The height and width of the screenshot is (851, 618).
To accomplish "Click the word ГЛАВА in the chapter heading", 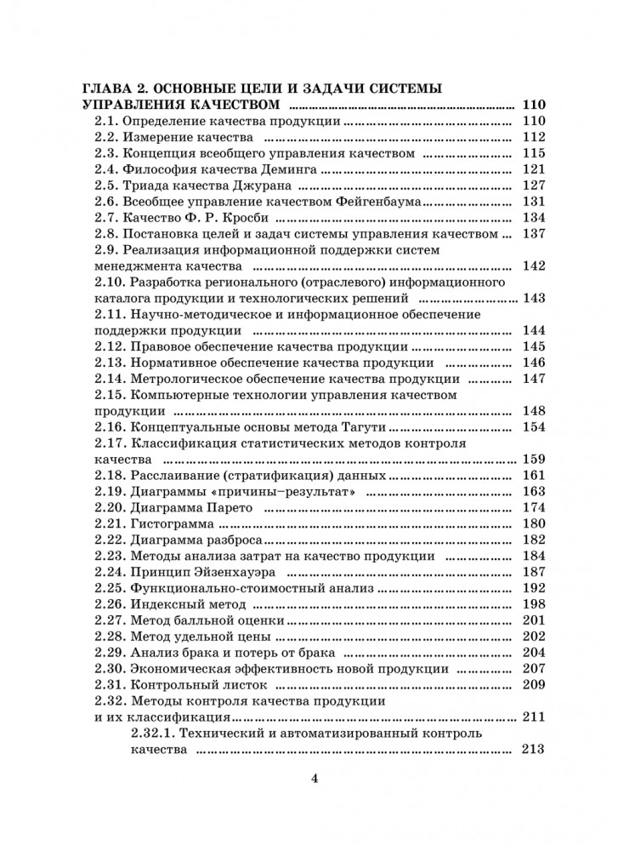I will pos(109,89).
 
